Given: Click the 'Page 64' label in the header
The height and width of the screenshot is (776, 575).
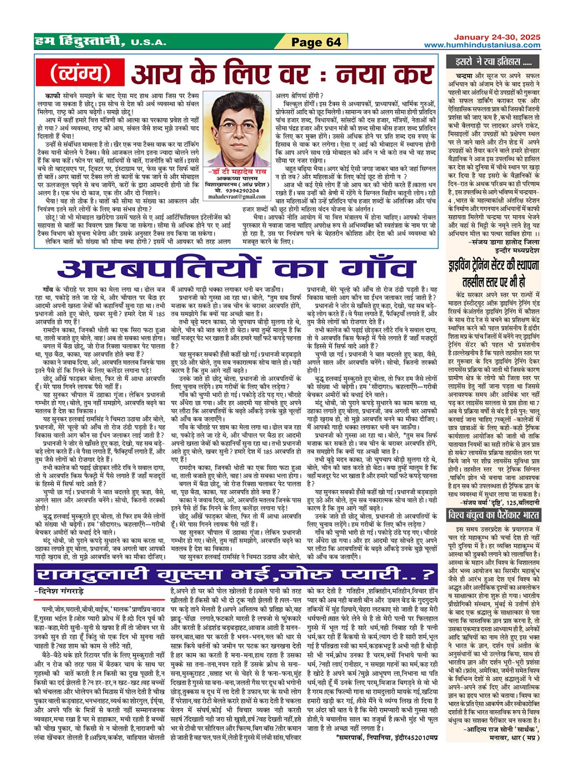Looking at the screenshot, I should (316, 42).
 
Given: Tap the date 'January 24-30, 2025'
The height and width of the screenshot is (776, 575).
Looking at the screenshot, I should (497, 37).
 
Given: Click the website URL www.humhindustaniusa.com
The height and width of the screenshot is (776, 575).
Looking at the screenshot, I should (482, 45).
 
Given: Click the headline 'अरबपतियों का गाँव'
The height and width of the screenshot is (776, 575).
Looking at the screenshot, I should (237, 268).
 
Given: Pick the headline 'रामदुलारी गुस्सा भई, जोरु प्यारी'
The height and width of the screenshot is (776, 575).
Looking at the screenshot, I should (236, 575).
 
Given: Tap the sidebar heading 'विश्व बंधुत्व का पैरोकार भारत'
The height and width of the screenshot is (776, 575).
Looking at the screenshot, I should (493, 515).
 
